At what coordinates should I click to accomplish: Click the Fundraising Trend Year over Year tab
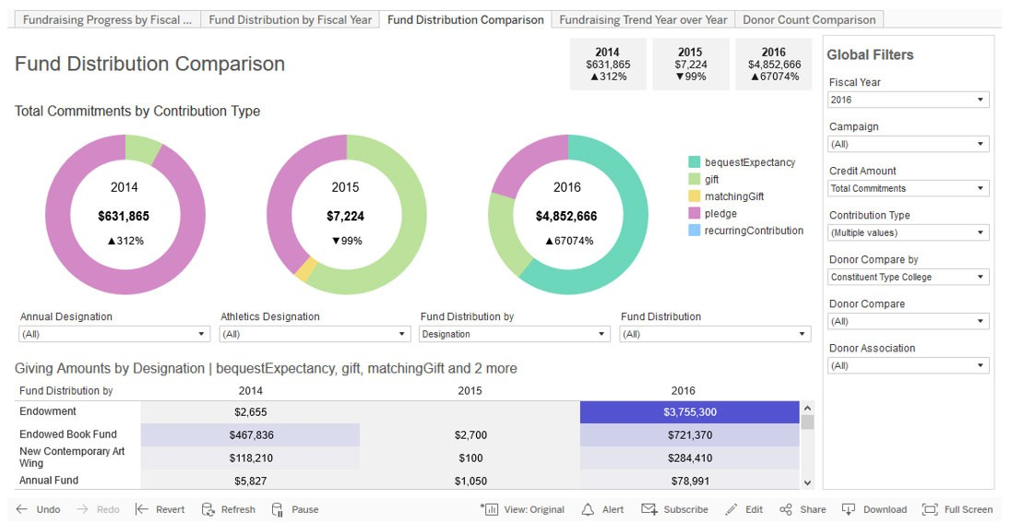[x=643, y=19]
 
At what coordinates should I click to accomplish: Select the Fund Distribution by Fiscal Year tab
[x=290, y=19]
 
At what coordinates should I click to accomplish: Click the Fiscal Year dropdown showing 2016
[x=908, y=100]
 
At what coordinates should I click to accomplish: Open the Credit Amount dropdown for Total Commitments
[x=908, y=188]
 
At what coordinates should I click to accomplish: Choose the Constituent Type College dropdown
[x=908, y=277]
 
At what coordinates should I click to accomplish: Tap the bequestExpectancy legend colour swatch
[x=694, y=162]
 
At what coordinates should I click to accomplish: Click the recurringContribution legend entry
[x=754, y=231]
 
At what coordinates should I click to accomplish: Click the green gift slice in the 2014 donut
[x=143, y=148]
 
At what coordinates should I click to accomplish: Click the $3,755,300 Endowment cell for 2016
[x=689, y=412]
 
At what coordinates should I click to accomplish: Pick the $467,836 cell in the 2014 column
[x=251, y=434]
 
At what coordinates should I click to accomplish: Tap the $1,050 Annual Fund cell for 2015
[x=470, y=481]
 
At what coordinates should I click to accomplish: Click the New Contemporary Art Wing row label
[x=72, y=457]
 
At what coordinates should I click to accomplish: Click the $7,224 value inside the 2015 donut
[x=345, y=217]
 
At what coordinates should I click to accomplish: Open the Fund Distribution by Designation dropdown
[x=514, y=334]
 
